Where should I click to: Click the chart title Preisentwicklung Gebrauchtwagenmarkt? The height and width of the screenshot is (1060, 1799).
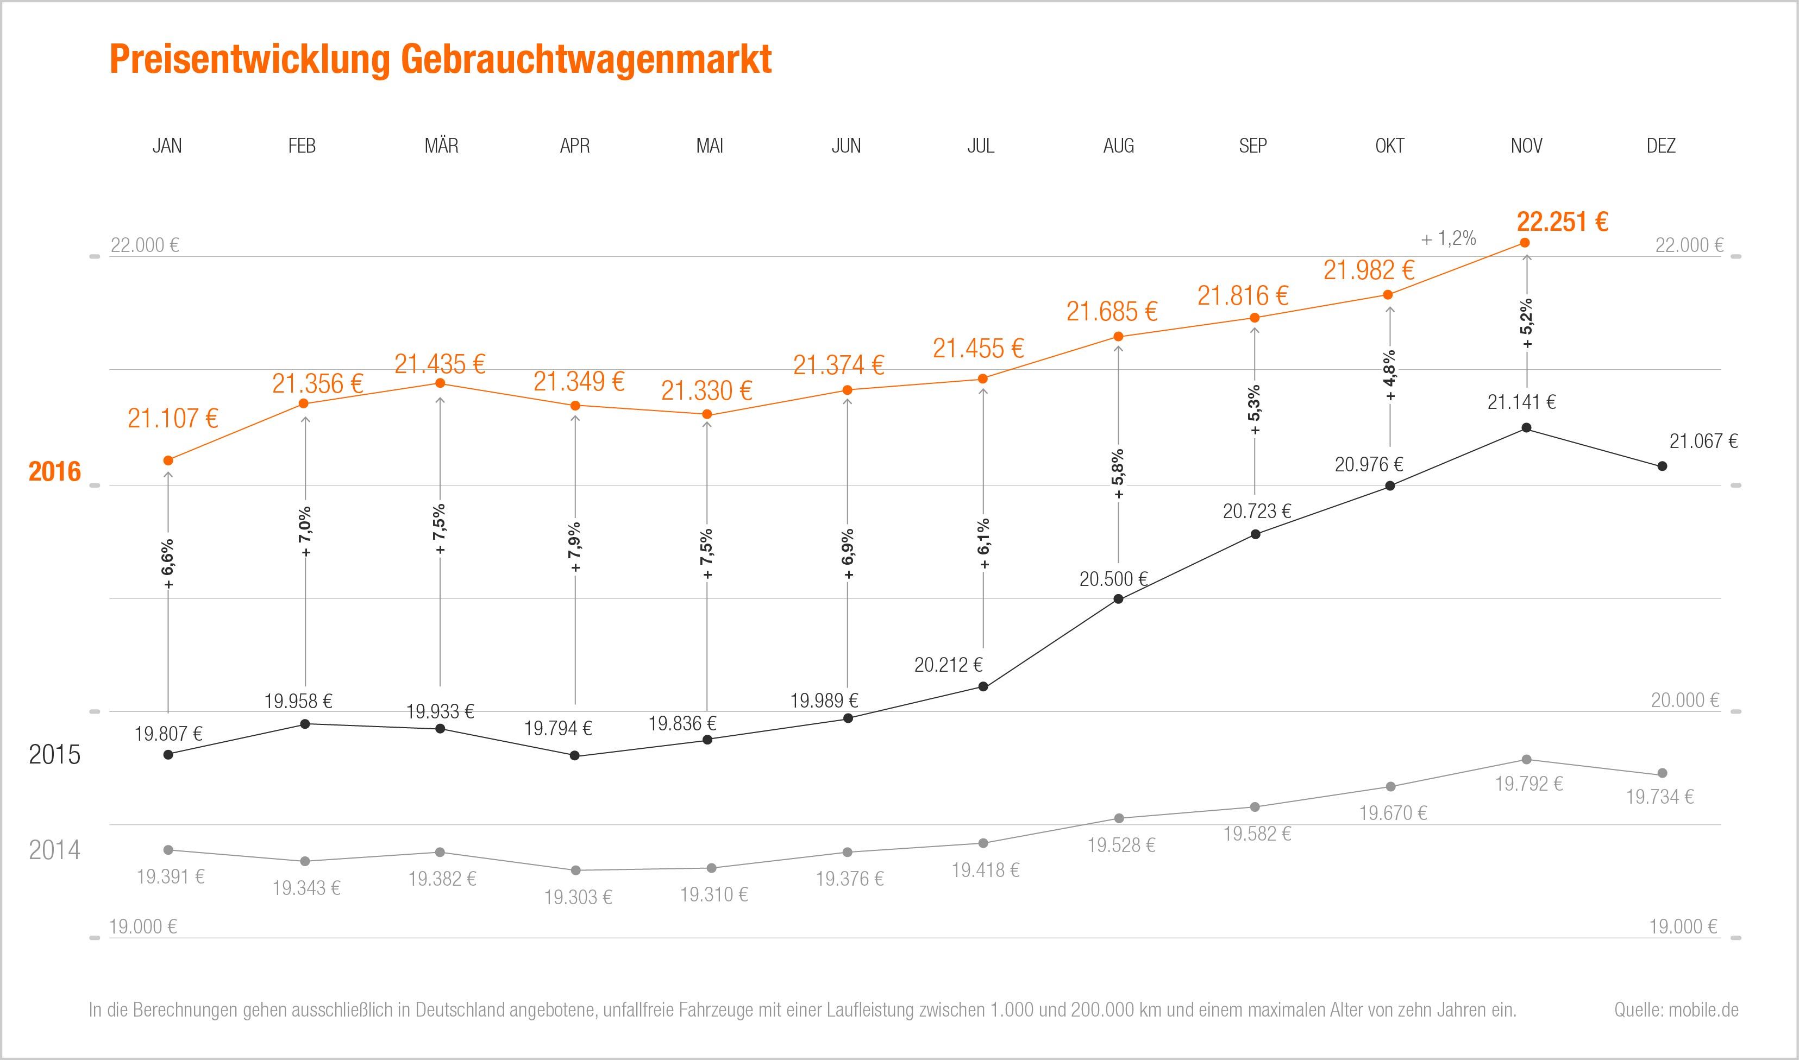440,59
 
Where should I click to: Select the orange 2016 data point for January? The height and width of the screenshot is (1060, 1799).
168,460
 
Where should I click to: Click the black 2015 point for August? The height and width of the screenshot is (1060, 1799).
1119,598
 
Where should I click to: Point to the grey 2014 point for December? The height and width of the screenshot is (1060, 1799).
1662,773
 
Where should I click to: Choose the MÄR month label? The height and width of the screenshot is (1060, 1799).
442,146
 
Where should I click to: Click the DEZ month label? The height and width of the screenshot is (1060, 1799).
1660,146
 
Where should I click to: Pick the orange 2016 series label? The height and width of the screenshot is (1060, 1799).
55,472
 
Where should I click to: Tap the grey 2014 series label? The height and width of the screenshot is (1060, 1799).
55,850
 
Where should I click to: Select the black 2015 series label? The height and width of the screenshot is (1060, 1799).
55,755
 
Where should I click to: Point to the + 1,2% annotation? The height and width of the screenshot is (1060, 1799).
1448,238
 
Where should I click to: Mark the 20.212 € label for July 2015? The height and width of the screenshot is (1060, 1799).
948,665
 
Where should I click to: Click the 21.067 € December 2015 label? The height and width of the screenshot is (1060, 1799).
1703,441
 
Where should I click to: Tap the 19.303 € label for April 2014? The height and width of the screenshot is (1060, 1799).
578,897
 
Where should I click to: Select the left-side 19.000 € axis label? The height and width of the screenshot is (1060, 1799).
143,927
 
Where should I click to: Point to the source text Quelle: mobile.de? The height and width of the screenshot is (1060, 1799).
1676,1010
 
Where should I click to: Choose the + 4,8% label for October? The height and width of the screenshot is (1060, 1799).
1390,376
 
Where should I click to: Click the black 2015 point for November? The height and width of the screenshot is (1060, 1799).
1527,428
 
